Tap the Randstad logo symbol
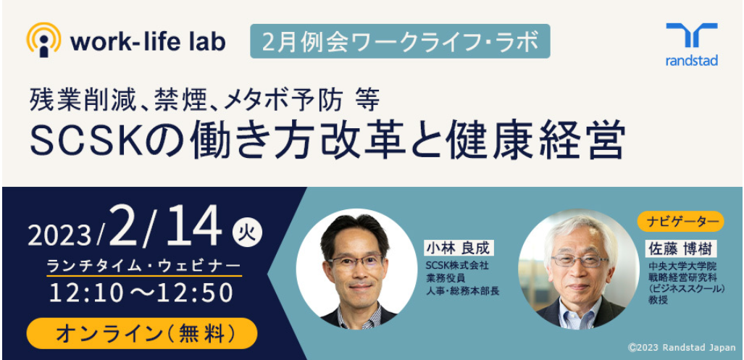692,35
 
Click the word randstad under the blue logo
692,60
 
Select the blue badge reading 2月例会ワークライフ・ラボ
400,41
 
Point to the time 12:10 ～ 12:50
141,293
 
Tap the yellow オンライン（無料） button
142,333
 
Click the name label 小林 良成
459,248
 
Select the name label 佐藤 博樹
680,248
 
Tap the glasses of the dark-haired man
356,261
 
